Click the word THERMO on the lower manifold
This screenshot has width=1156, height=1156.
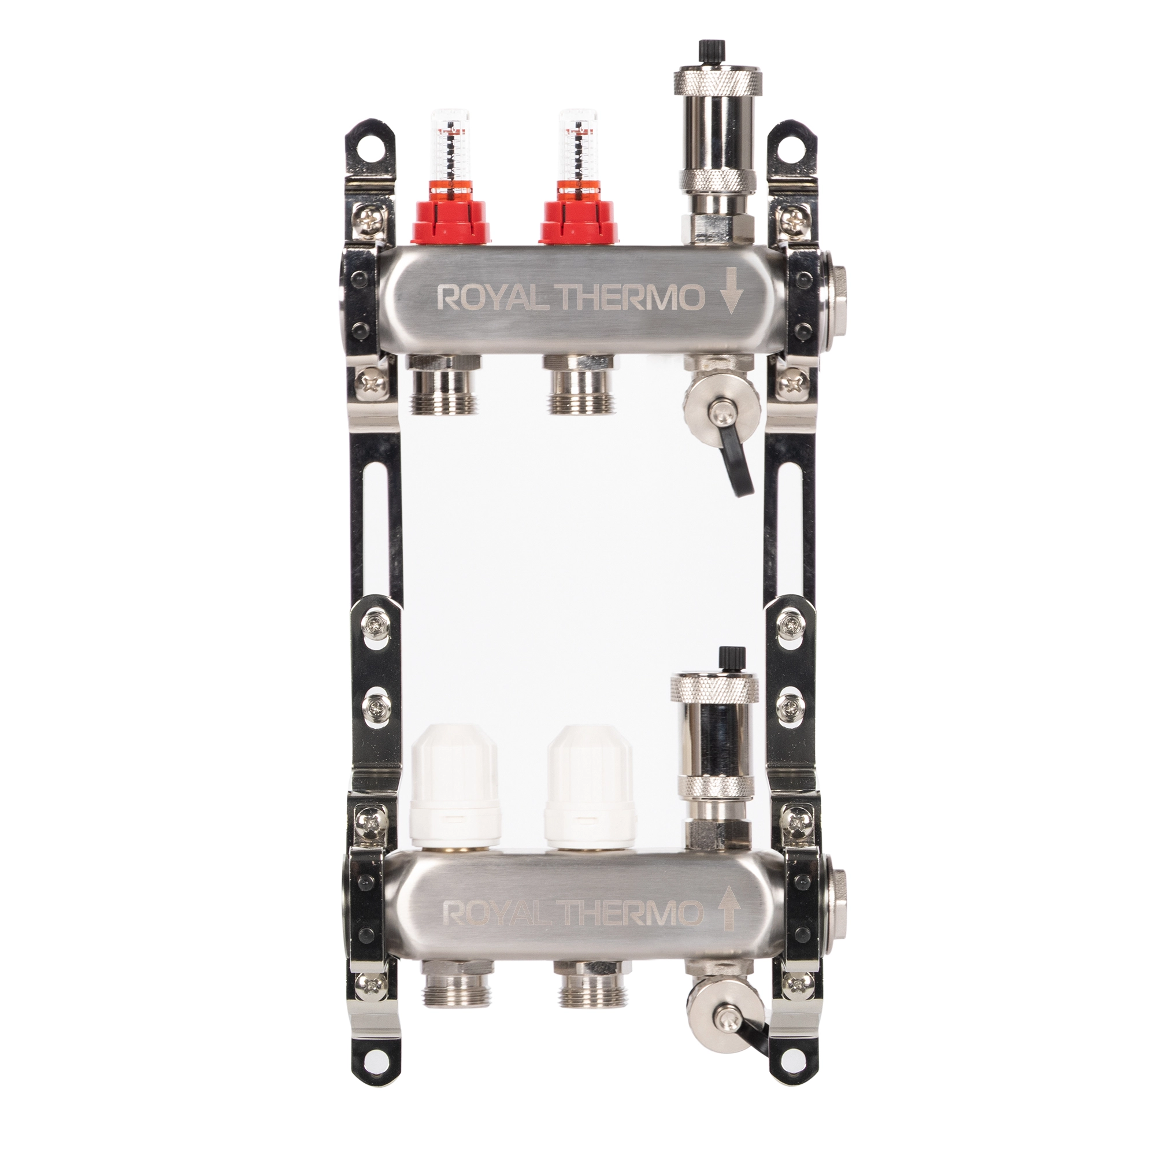(x=640, y=931)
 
